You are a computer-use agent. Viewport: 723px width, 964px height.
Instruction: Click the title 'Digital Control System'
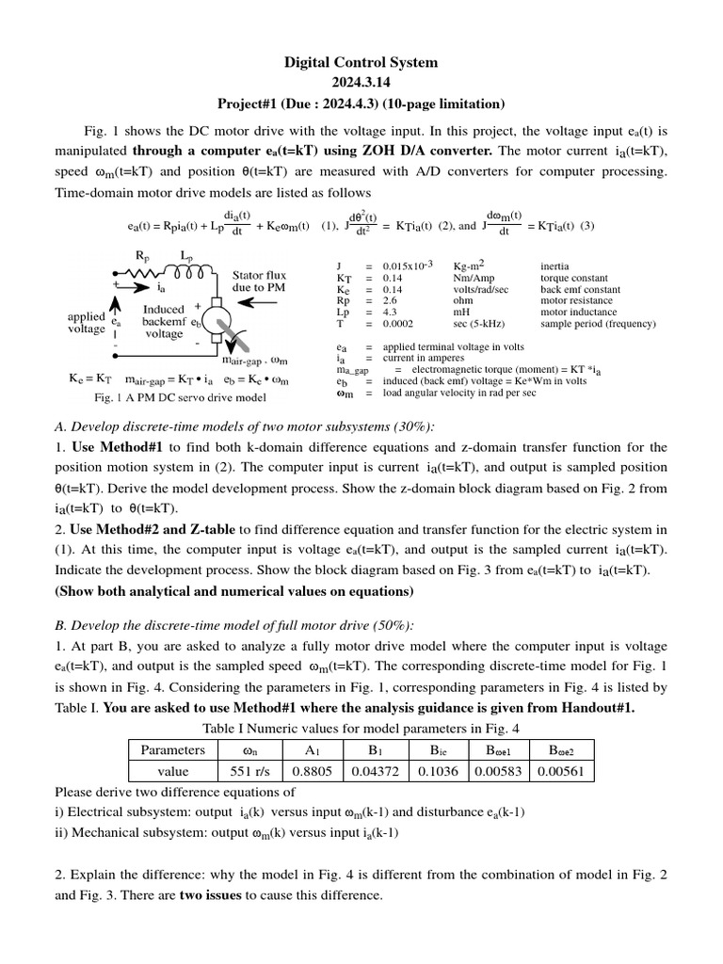point(361,62)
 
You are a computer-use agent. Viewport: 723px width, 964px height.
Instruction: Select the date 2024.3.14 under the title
point(361,83)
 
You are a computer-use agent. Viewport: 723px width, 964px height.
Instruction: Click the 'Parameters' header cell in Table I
point(172,750)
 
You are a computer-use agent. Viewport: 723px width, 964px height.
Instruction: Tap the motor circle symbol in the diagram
point(214,315)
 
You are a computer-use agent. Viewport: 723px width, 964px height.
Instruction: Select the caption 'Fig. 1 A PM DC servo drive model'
point(163,397)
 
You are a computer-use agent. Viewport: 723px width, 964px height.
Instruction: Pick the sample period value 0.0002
point(399,324)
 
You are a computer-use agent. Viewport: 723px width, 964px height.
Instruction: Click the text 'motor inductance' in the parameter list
point(578,312)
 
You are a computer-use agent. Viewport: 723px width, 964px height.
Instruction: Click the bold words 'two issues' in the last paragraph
point(211,895)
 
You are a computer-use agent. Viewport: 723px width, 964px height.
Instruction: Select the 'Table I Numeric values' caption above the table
point(361,728)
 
